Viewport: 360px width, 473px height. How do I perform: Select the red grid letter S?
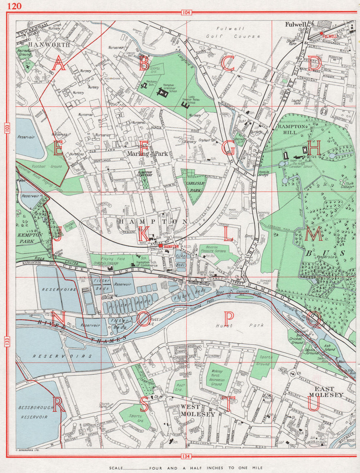tap(144, 404)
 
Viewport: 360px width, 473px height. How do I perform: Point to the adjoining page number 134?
tap(184, 457)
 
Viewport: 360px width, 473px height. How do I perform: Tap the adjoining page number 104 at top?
tap(185, 13)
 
